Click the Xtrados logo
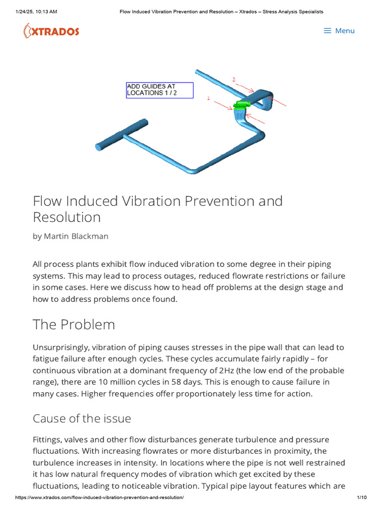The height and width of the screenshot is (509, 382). click(x=51, y=31)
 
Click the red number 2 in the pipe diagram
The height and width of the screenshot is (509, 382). click(x=234, y=79)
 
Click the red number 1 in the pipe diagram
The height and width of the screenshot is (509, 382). click(x=208, y=98)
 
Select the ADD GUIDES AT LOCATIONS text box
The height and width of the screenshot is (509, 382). click(x=159, y=90)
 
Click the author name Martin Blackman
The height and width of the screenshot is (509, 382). click(x=77, y=236)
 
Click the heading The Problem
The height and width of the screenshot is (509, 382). click(x=74, y=325)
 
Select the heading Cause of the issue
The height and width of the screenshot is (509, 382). click(x=82, y=419)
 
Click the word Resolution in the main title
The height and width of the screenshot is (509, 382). click(x=67, y=217)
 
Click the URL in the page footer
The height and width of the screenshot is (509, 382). click(x=99, y=498)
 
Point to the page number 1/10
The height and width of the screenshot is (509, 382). click(x=362, y=498)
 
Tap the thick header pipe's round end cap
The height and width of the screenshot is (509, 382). click(x=99, y=146)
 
